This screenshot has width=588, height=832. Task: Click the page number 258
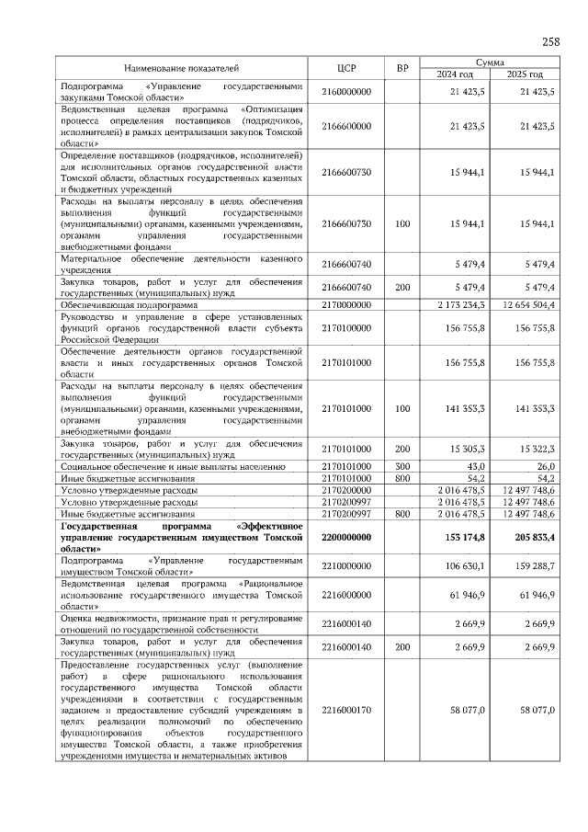[x=550, y=41]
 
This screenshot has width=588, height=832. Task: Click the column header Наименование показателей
[x=181, y=68]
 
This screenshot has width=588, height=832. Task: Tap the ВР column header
[x=401, y=68]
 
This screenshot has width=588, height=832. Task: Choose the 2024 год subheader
[x=455, y=74]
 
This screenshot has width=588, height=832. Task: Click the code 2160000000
[x=346, y=92]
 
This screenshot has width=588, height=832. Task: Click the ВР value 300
[x=401, y=467]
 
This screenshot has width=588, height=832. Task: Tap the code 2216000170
[x=346, y=710]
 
